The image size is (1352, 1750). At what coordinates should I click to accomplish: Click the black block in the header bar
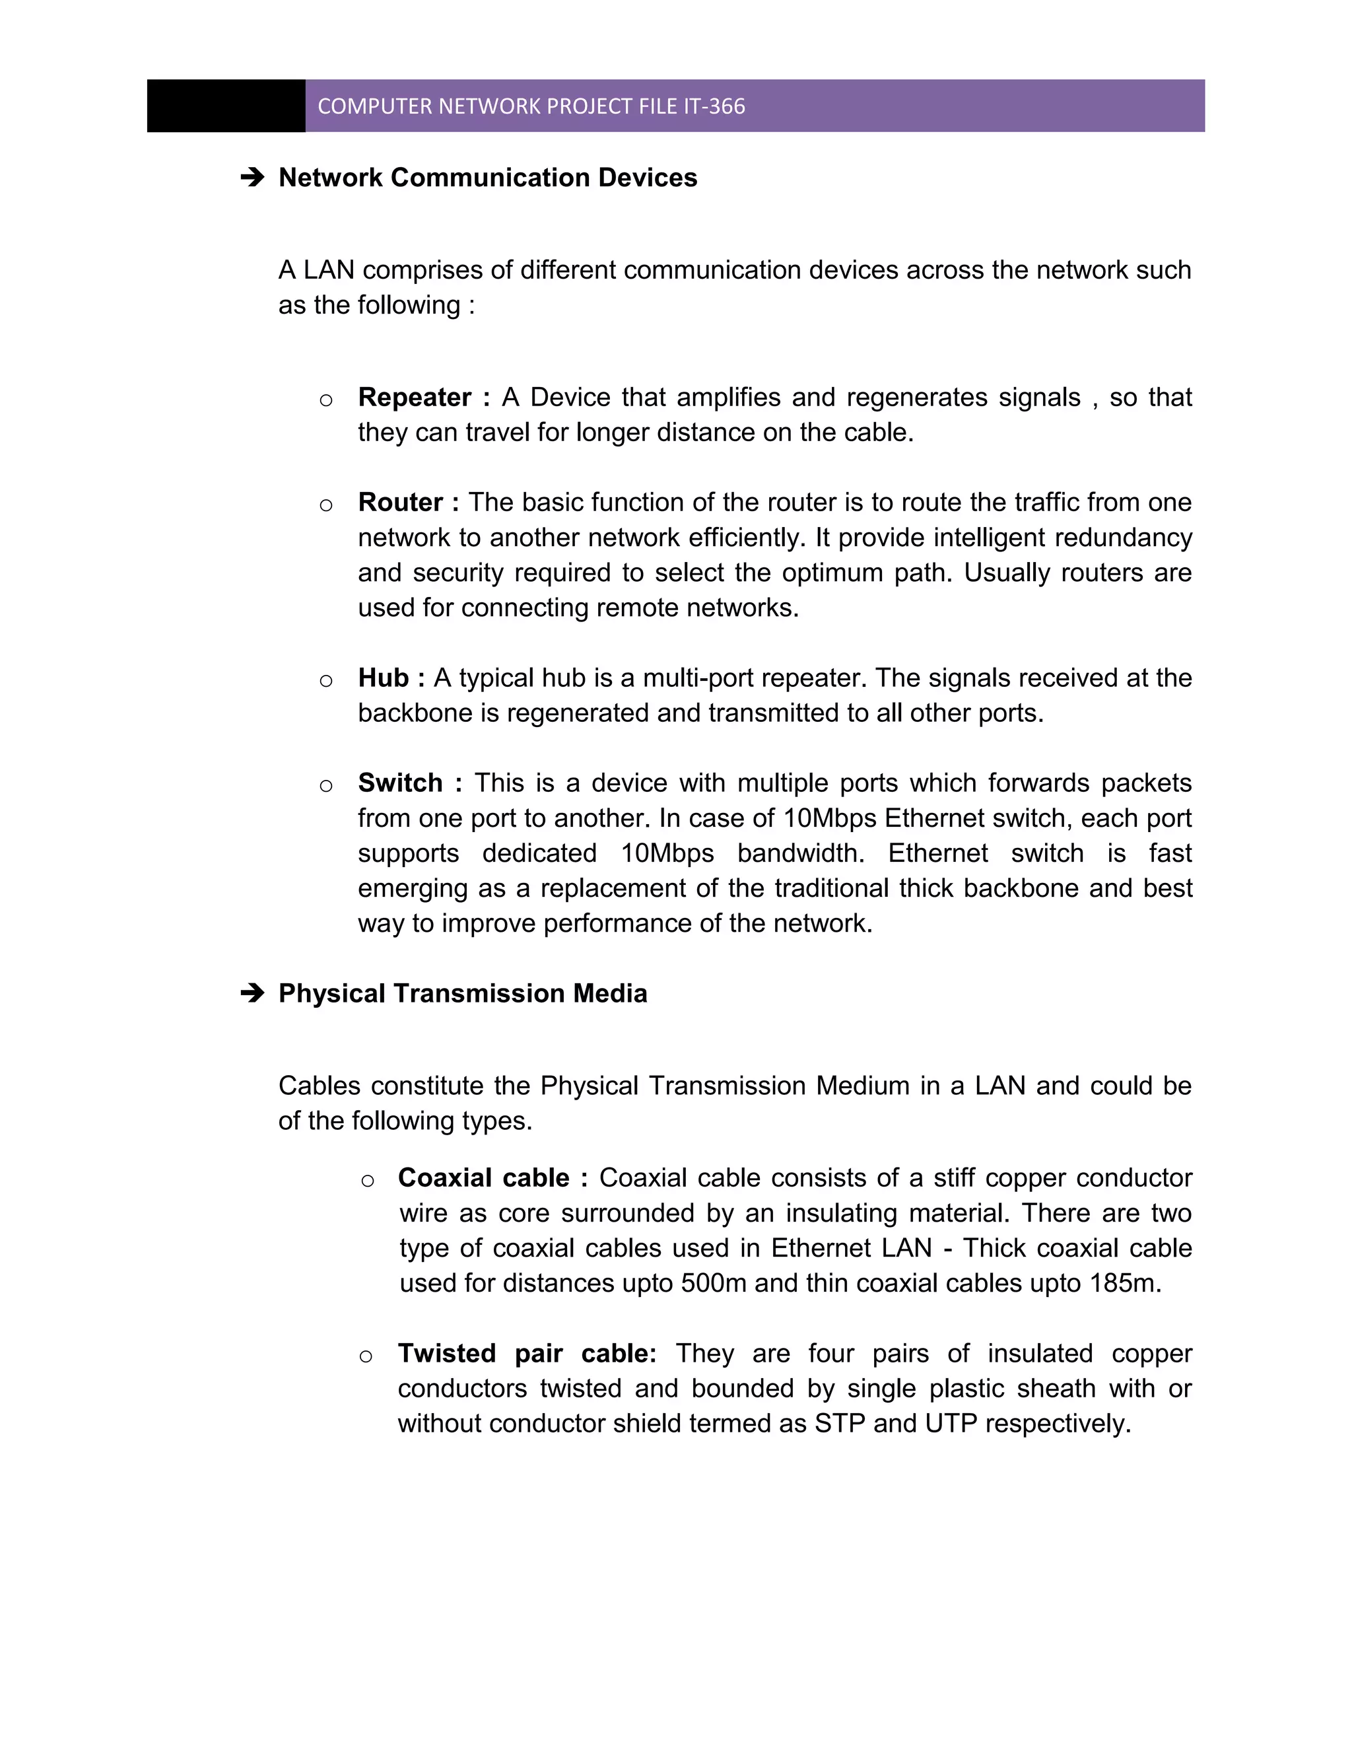click(226, 106)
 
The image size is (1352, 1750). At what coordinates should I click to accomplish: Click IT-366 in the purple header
click(714, 106)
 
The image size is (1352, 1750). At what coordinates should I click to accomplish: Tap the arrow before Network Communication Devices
click(252, 178)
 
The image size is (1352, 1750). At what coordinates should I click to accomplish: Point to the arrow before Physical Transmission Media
click(252, 994)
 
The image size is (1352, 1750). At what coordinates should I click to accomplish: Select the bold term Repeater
click(415, 398)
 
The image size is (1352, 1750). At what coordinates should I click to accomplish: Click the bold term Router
click(401, 503)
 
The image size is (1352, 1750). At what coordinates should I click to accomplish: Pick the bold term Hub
click(384, 678)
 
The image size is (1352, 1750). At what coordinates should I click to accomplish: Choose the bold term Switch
click(401, 783)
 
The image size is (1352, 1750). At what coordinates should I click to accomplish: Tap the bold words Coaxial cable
click(484, 1178)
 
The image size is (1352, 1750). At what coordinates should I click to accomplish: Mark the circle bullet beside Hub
click(326, 681)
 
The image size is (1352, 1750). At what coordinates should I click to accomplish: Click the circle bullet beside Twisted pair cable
click(366, 1356)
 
